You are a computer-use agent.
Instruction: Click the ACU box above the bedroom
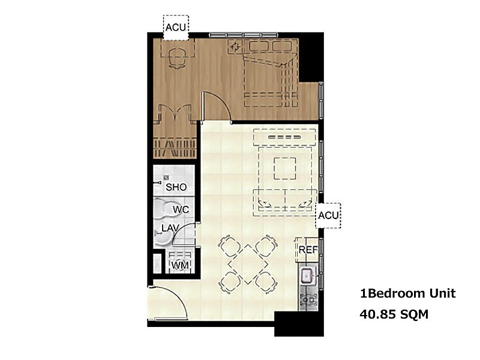176,28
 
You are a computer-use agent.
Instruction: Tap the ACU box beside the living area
328,215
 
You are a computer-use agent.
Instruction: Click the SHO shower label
176,187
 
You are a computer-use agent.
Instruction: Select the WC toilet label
181,209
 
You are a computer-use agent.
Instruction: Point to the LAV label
170,228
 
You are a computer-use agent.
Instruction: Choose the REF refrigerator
307,250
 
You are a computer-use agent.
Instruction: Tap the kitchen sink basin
307,275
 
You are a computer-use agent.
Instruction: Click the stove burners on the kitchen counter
308,299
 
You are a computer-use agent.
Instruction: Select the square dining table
248,264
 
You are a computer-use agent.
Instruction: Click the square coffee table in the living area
285,168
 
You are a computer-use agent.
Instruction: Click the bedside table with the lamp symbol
235,47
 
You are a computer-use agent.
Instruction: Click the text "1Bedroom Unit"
408,293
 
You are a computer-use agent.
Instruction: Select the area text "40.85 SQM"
394,314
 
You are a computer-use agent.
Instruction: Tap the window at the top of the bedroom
244,35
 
